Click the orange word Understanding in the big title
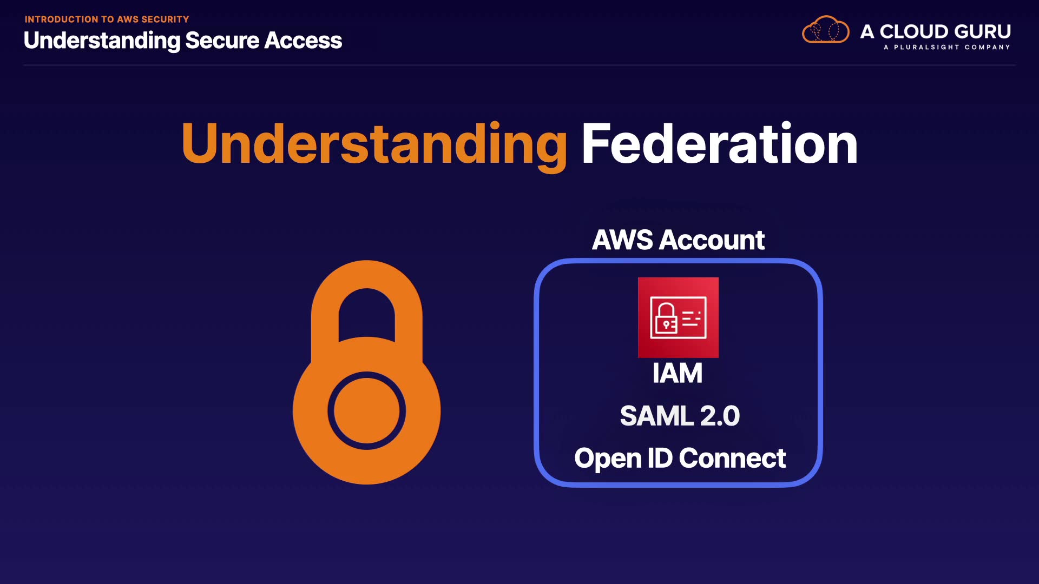tap(374, 143)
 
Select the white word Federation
tap(719, 143)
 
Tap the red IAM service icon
tap(678, 317)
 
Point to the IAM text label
tap(678, 373)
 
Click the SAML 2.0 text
tap(680, 416)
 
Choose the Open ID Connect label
tap(680, 459)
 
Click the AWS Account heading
tap(678, 240)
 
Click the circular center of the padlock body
tap(367, 411)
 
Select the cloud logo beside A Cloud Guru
tap(825, 30)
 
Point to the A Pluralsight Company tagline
tap(946, 48)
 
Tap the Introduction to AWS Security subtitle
tap(107, 19)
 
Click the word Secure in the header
tap(222, 41)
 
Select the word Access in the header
tap(303, 41)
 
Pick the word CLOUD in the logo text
tap(915, 31)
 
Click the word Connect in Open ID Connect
tap(732, 459)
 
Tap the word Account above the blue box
tap(712, 240)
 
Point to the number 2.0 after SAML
tap(720, 416)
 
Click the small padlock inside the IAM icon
tap(666, 319)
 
